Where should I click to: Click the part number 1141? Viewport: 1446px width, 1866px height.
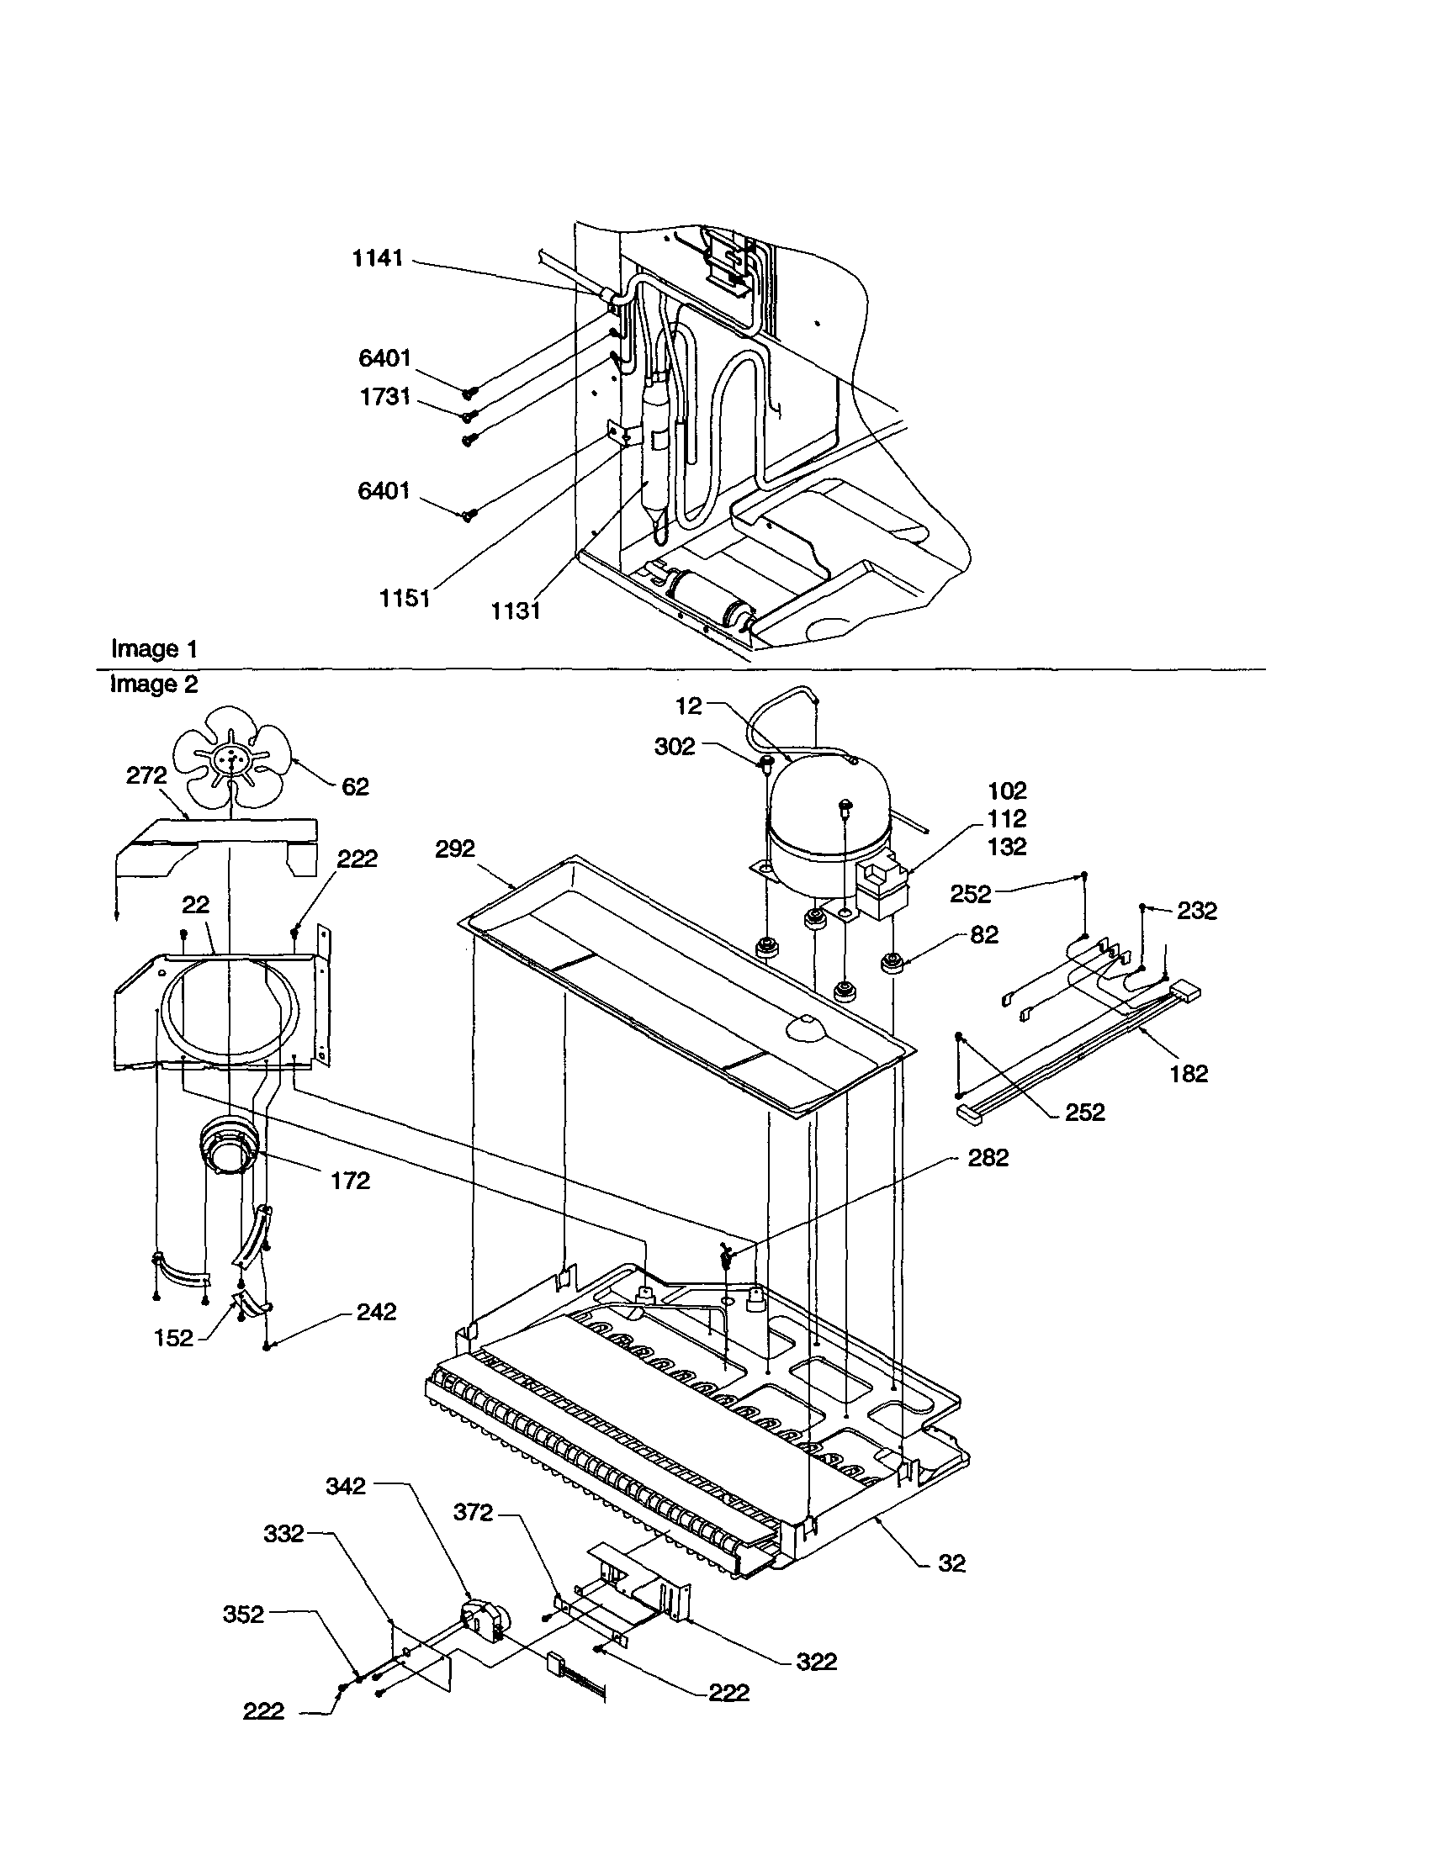click(x=378, y=258)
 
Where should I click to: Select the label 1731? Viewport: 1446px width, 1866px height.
click(x=384, y=396)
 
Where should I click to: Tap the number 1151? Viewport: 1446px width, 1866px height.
click(x=405, y=598)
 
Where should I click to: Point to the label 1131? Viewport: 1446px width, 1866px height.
click(x=516, y=610)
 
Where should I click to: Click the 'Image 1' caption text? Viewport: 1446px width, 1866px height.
click(x=154, y=648)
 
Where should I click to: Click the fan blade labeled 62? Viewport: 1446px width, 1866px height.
click(x=230, y=755)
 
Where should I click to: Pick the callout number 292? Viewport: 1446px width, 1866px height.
click(x=454, y=848)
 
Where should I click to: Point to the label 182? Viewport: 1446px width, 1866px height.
click(x=1189, y=1074)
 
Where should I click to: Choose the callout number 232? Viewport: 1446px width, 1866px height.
click(x=1196, y=911)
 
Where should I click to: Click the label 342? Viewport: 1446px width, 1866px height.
click(x=346, y=1486)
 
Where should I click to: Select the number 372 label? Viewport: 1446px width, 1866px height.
click(x=474, y=1512)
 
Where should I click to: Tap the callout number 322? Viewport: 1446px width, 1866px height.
click(x=816, y=1662)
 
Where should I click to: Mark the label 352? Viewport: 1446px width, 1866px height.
click(x=244, y=1615)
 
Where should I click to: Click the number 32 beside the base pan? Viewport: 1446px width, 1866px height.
click(x=951, y=1562)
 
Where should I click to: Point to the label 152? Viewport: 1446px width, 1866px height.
click(x=174, y=1338)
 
